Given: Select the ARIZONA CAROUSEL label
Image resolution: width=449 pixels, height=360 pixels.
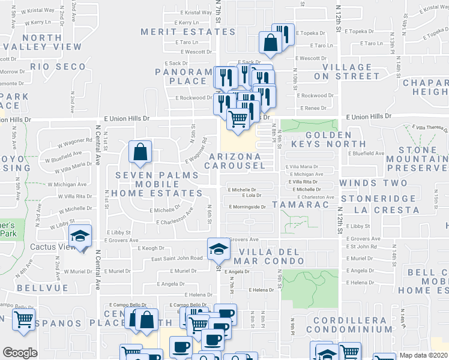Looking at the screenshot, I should [x=235, y=161].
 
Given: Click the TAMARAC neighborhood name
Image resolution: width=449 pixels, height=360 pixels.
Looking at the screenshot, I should [x=300, y=205].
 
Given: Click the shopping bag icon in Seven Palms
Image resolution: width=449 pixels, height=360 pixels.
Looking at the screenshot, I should [x=140, y=153].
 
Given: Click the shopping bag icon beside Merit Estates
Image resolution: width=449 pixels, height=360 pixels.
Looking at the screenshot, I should [x=271, y=42].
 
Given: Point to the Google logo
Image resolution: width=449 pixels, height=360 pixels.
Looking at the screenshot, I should [x=20, y=353].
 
